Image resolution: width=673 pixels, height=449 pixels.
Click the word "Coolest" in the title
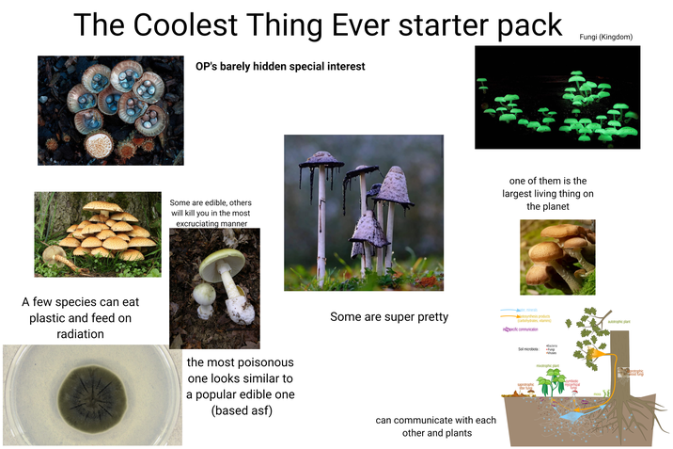pos(194,26)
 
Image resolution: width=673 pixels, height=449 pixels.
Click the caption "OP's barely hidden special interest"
pos(280,67)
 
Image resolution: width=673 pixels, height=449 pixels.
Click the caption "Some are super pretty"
pos(389,317)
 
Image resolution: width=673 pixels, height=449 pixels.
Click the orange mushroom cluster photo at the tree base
pos(96,233)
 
